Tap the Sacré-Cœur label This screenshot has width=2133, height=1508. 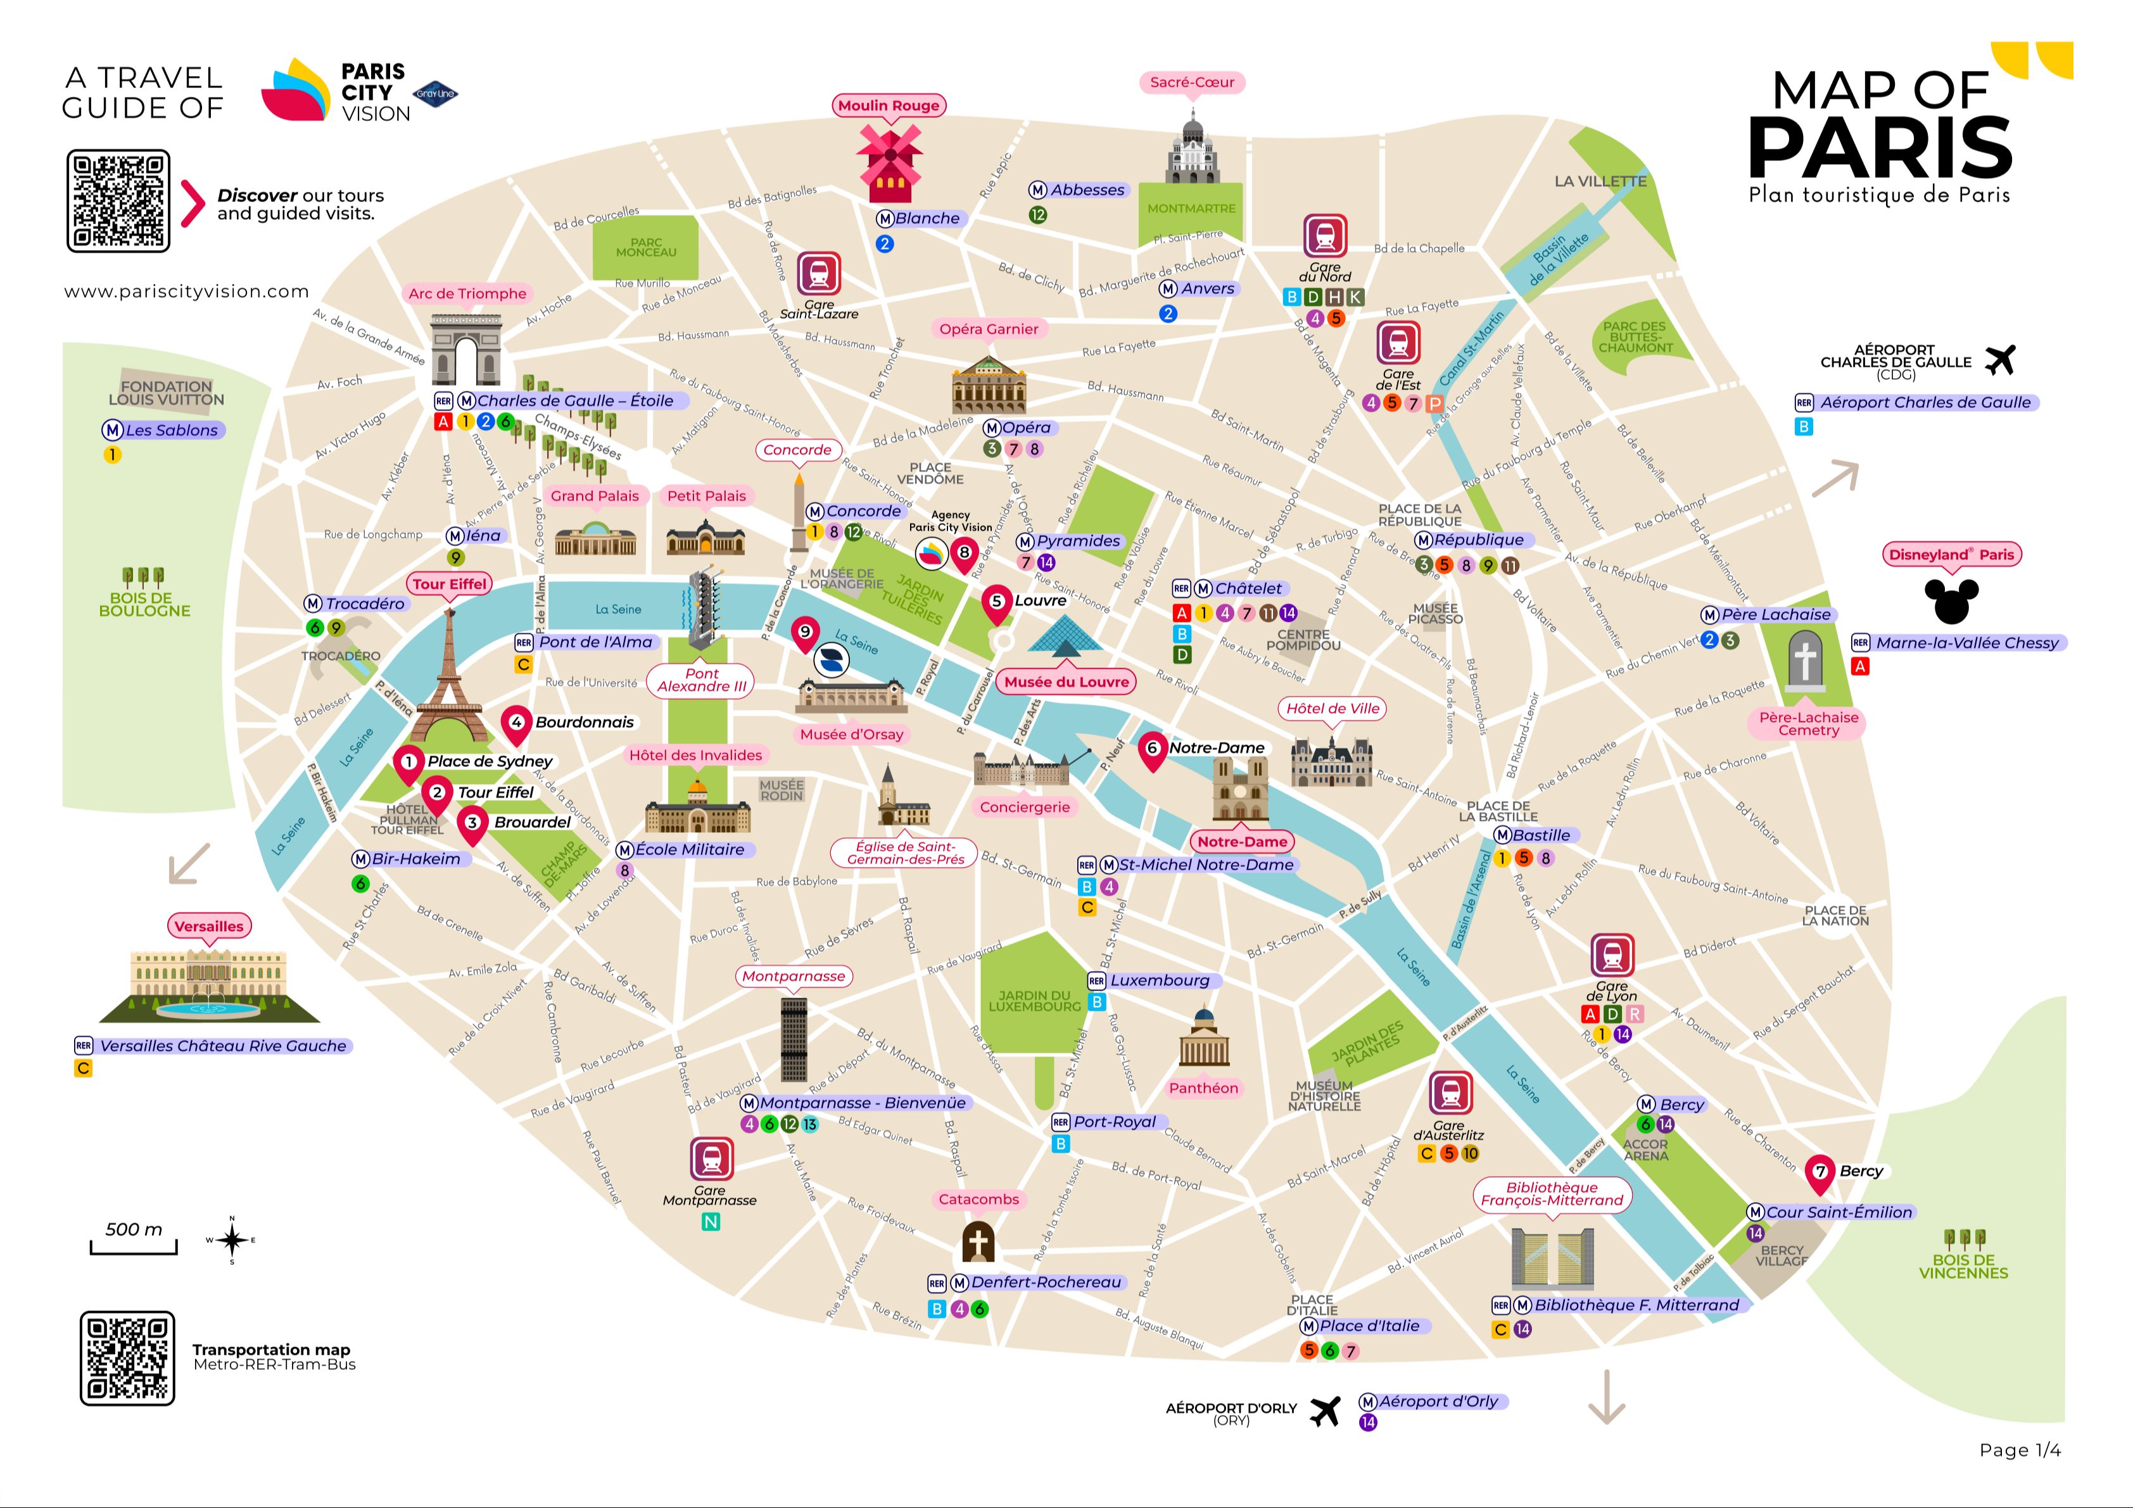pyautogui.click(x=1191, y=83)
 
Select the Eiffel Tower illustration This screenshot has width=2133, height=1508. pyautogui.click(x=449, y=678)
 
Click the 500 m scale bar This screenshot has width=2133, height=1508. pyautogui.click(x=134, y=1246)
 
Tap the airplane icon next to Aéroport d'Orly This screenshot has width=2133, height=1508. pyautogui.click(x=1325, y=1410)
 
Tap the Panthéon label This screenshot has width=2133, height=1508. pyautogui.click(x=1203, y=1088)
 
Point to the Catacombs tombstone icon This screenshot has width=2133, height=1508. pyautogui.click(x=977, y=1241)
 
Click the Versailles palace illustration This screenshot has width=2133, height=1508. pyautogui.click(x=209, y=985)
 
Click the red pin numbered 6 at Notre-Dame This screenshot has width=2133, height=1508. pyautogui.click(x=1152, y=750)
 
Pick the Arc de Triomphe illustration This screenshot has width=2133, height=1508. pyautogui.click(x=465, y=350)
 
